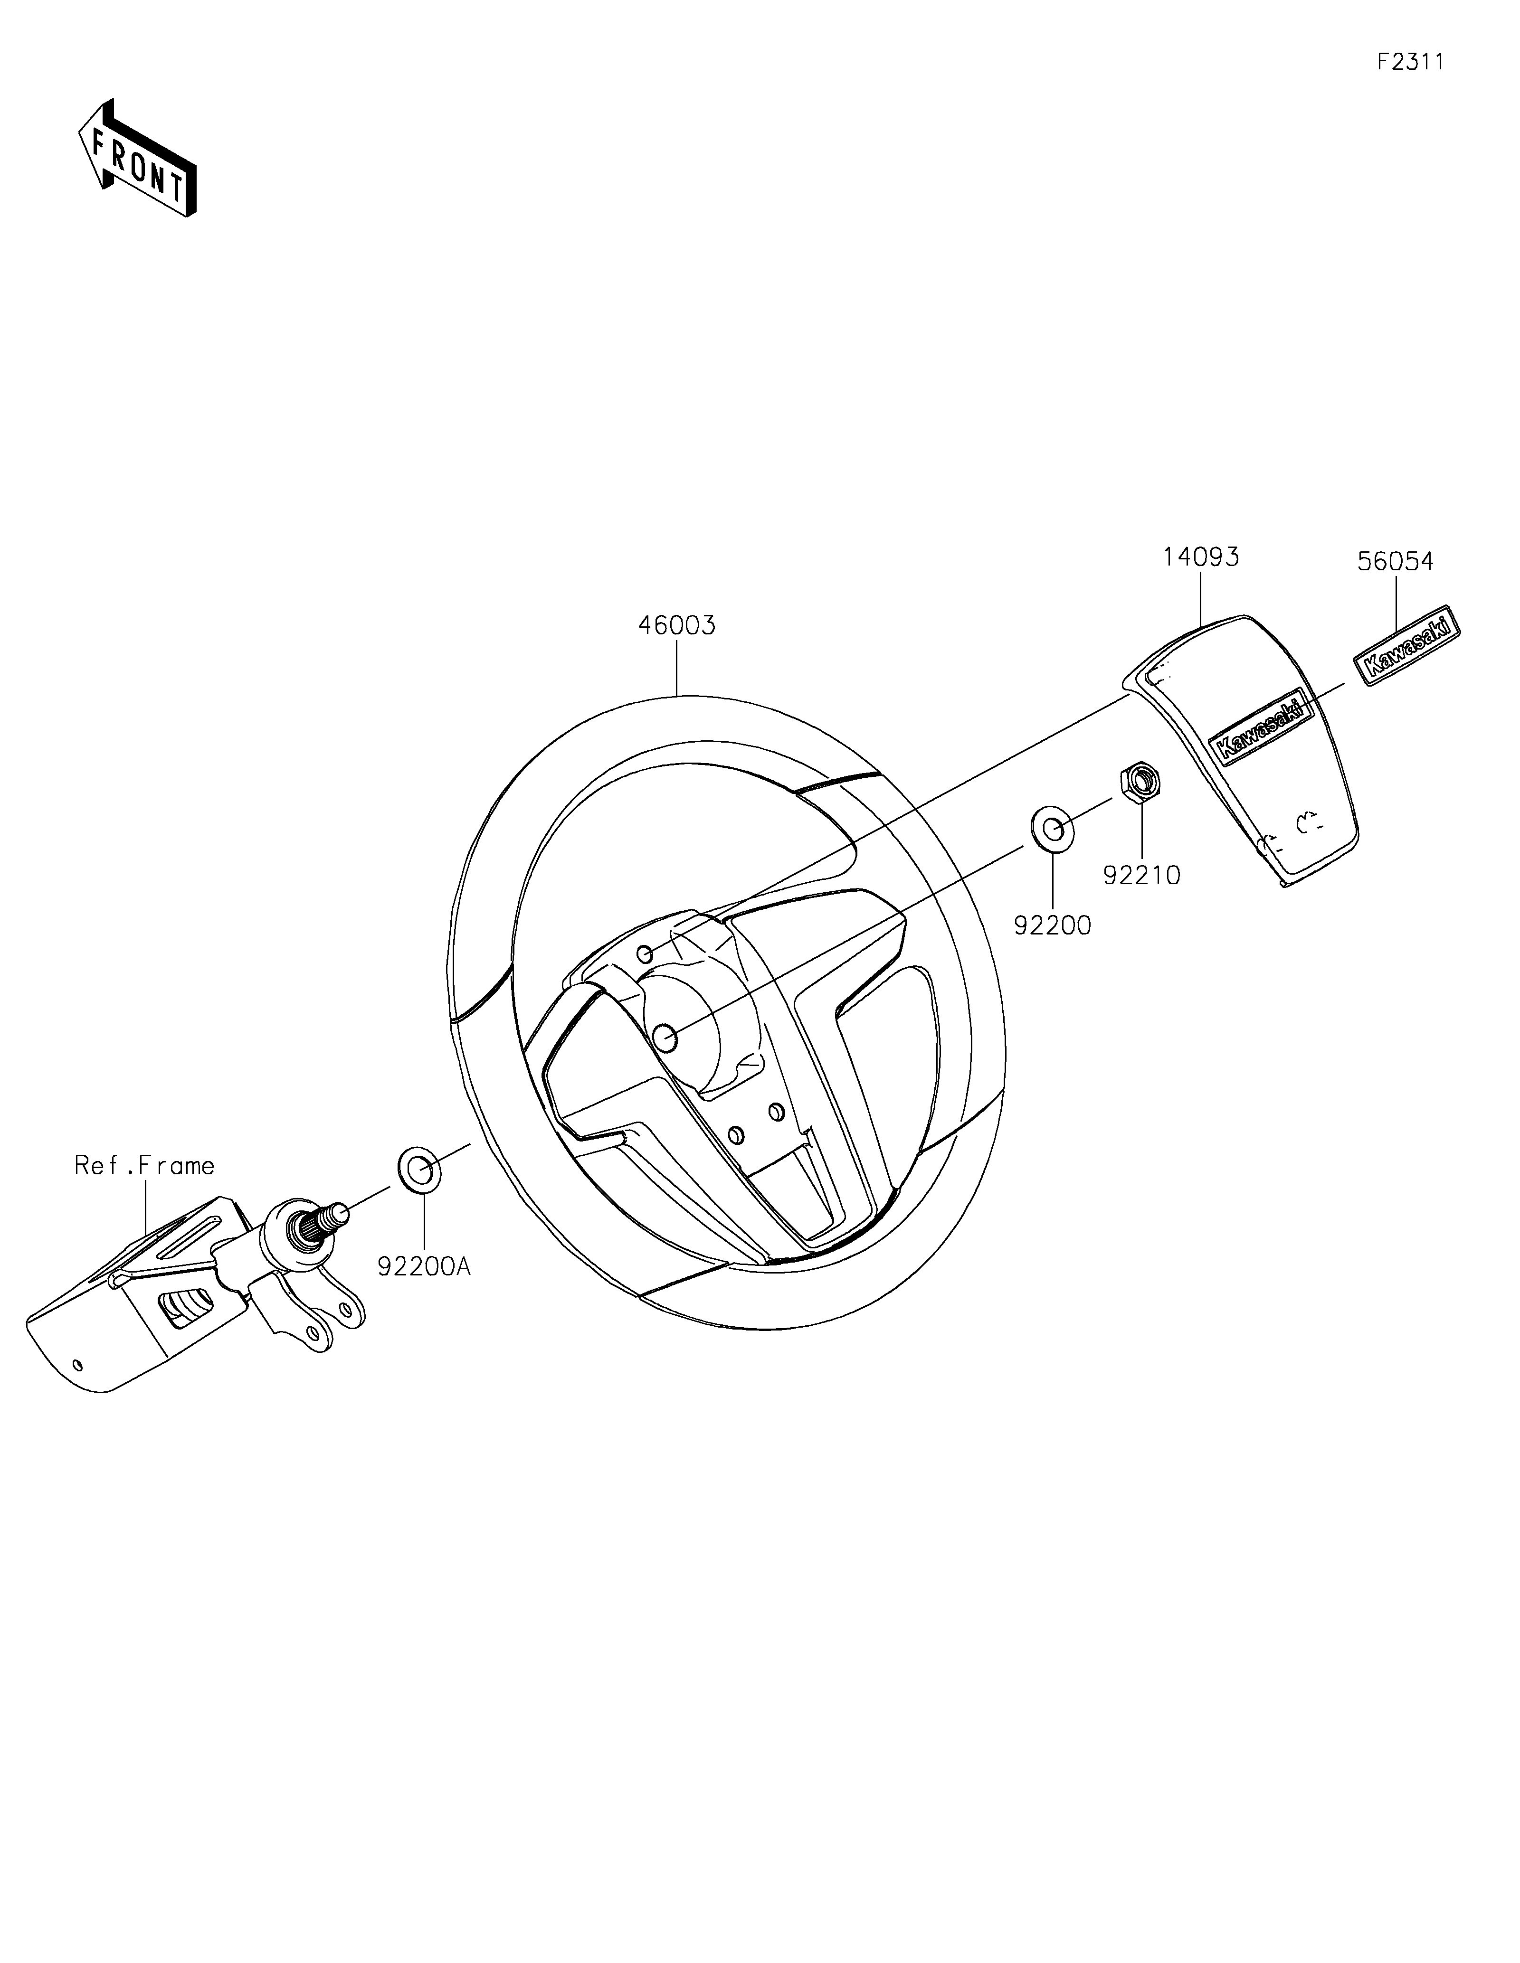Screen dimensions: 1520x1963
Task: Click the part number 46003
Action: pyautogui.click(x=677, y=625)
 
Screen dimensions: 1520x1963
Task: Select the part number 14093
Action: pyautogui.click(x=1201, y=557)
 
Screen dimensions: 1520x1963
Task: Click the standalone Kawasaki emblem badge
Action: pyautogui.click(x=1407, y=644)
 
